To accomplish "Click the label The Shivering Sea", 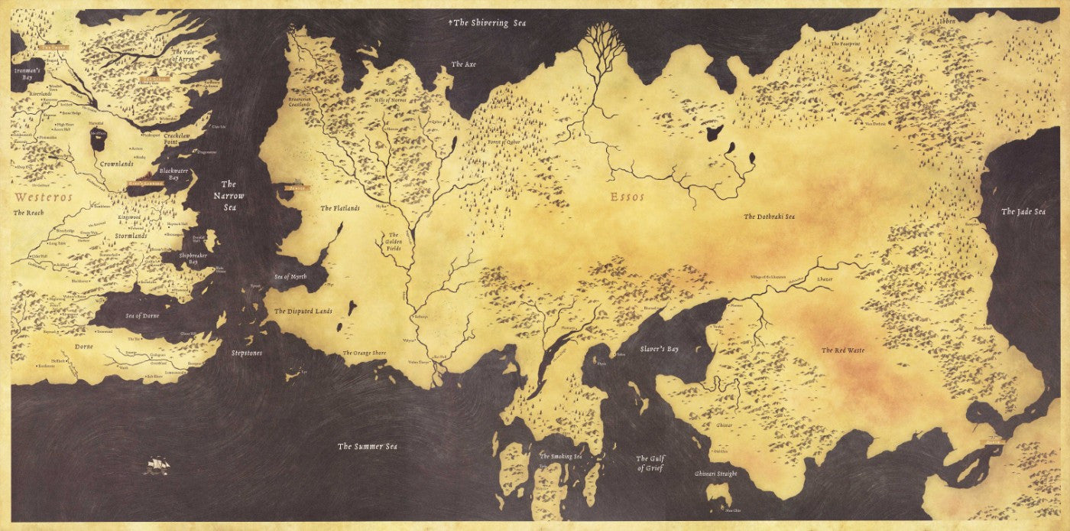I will coord(489,23).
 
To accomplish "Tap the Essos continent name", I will coord(627,197).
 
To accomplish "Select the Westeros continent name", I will coord(44,197).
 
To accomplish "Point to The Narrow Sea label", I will coord(229,196).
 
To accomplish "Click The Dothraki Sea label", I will coord(769,217).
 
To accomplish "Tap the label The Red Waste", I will coord(843,350).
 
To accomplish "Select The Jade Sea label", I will coord(1023,211).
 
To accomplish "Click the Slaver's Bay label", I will coord(659,349).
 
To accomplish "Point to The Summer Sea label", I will coord(368,446).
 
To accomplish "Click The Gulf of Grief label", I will coord(650,464).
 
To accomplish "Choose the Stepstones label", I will coord(246,353).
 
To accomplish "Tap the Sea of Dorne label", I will coord(142,315).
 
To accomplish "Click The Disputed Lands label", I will coord(303,311).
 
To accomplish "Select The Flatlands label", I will coord(339,208).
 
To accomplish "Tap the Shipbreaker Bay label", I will coord(188,258).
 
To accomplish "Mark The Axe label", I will coord(463,64).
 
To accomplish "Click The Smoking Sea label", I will coord(561,457).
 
